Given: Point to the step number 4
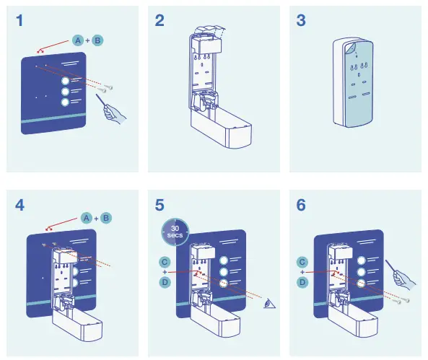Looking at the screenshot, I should pos(19,205).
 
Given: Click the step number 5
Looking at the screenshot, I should pos(160,205).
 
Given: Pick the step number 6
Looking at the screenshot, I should pos(302,205).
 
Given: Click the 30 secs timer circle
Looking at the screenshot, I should pos(173,232).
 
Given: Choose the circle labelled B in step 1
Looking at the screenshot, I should pos(98,42).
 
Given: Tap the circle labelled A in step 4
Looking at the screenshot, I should pos(85,217).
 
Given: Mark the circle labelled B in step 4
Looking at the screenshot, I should pos(106,217).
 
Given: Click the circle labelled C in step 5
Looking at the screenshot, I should pos(165,260).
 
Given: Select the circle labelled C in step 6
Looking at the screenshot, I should pos(302,260).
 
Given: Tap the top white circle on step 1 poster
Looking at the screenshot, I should pos(66,79).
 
